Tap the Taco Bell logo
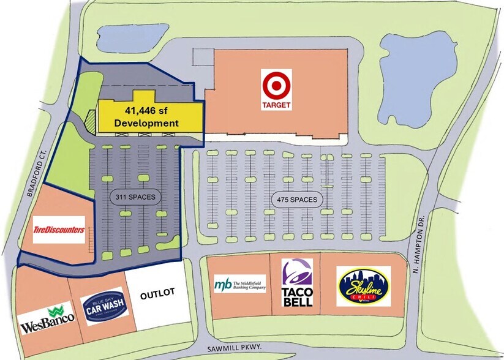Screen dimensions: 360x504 click(297, 282)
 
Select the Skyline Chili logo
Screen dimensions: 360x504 click(364, 286)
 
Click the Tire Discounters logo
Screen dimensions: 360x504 click(59, 230)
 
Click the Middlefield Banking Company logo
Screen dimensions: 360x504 click(240, 285)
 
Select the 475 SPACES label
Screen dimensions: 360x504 click(296, 200)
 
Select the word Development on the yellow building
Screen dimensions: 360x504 click(146, 123)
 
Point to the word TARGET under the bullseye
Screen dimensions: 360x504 click(276, 105)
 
